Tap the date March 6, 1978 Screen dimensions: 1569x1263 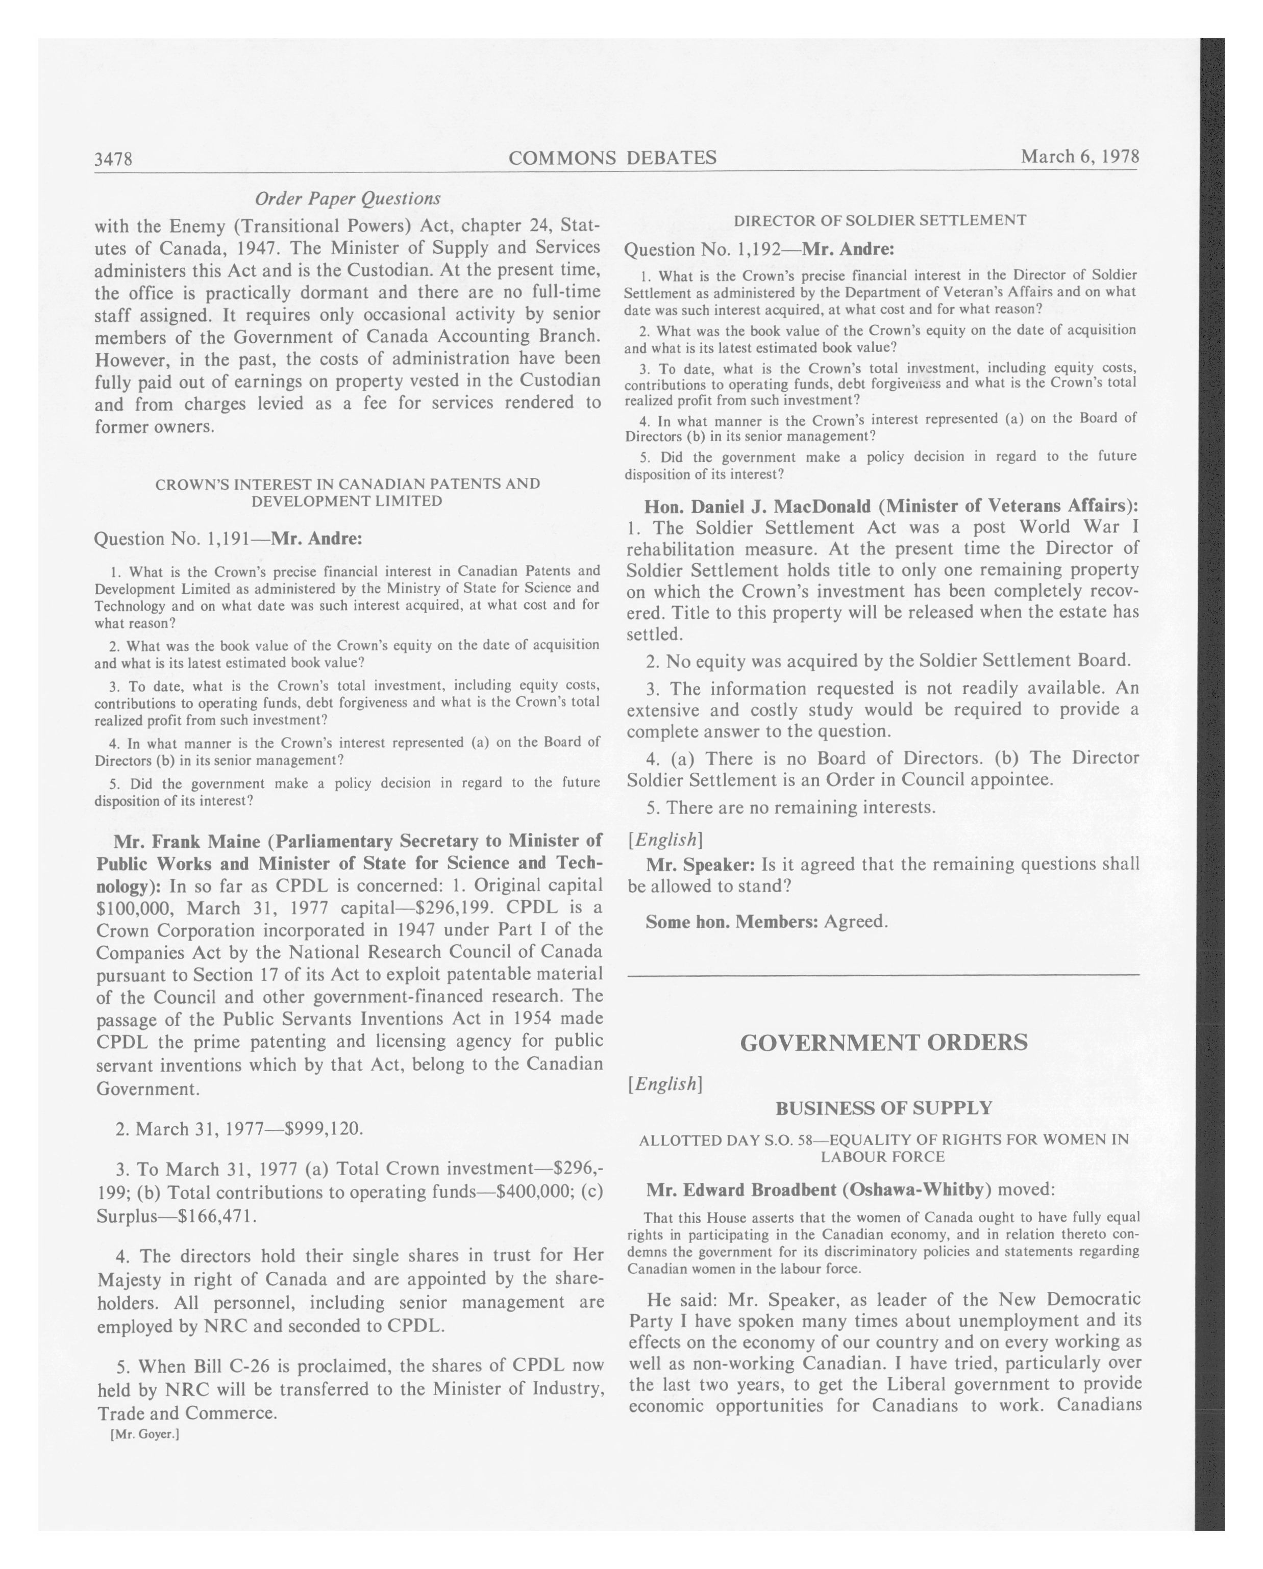1080,157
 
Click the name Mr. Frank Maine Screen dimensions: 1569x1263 186,841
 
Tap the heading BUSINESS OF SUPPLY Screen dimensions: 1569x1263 883,1108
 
